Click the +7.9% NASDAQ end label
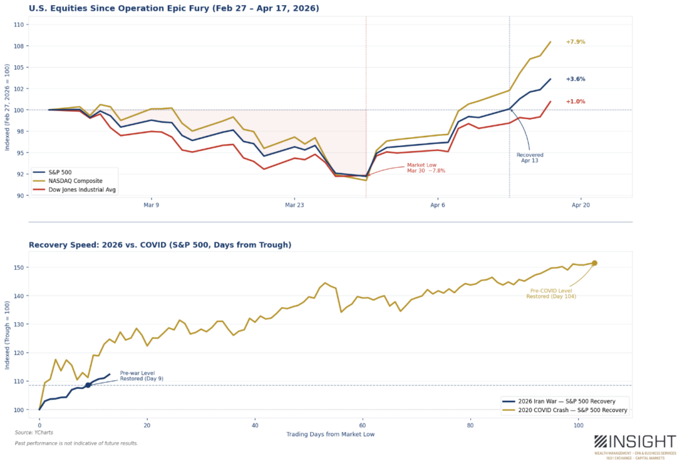pos(575,42)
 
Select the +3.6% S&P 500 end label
pos(575,79)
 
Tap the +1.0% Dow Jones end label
pos(575,102)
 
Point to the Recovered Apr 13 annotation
pos(530,158)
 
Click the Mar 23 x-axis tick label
pos(294,205)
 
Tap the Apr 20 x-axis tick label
pos(581,205)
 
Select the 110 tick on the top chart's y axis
pos(18,25)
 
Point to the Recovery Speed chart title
pos(160,245)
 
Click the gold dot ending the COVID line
pos(594,263)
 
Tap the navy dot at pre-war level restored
pos(88,385)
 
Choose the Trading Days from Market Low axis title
pos(330,434)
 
